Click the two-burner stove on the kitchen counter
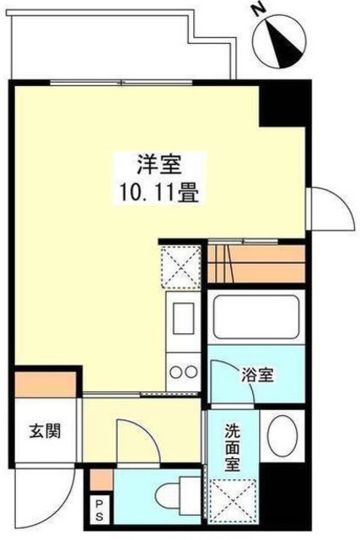(183, 371)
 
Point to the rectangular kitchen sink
(183, 323)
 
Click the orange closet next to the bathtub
(255, 263)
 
